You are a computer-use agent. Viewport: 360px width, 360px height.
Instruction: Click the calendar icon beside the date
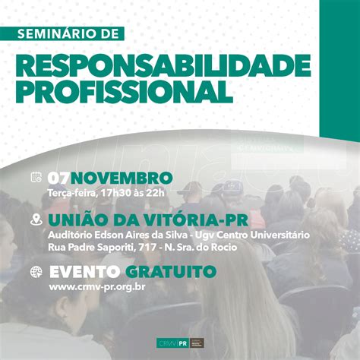(x=36, y=178)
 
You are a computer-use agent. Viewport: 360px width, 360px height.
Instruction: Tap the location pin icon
(x=36, y=220)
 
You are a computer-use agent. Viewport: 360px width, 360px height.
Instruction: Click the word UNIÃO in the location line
(x=74, y=219)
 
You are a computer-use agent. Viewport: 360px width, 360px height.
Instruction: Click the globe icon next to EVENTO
(x=36, y=272)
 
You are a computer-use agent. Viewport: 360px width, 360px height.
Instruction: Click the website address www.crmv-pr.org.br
(x=97, y=286)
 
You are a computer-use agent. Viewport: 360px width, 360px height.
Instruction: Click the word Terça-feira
(x=68, y=192)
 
